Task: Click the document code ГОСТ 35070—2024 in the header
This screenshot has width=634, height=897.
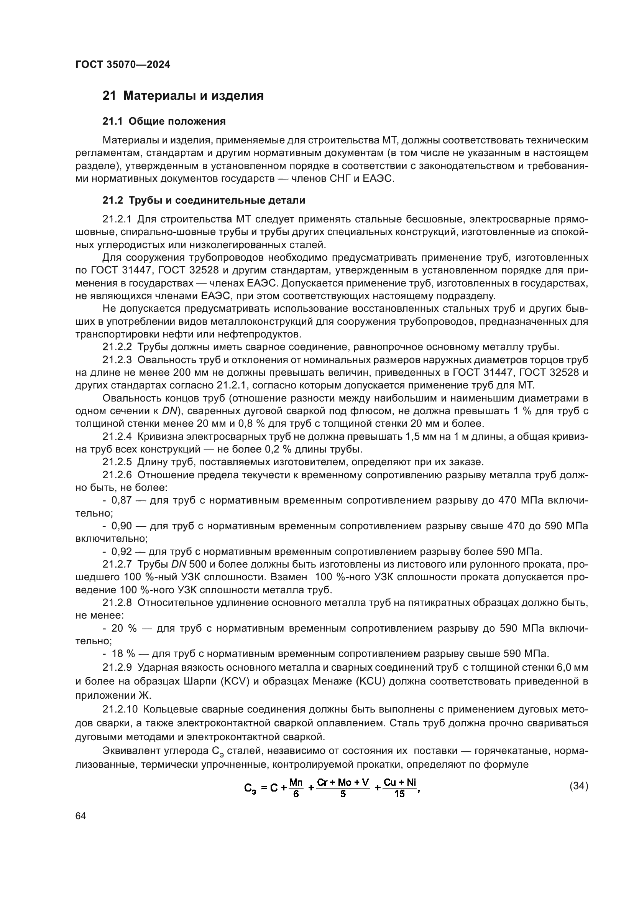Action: [x=123, y=65]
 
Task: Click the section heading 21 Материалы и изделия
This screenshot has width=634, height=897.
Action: [x=183, y=96]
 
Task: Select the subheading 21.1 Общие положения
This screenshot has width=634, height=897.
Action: [x=164, y=122]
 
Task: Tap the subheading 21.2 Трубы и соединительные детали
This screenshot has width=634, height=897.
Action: [x=204, y=201]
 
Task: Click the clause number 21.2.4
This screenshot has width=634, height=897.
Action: [x=117, y=437]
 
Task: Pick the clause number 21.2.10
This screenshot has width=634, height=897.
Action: [x=120, y=709]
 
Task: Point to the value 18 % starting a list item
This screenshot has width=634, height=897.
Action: [x=123, y=653]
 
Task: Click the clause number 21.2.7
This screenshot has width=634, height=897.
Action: [x=117, y=565]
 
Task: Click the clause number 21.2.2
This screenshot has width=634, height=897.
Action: [x=117, y=347]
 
